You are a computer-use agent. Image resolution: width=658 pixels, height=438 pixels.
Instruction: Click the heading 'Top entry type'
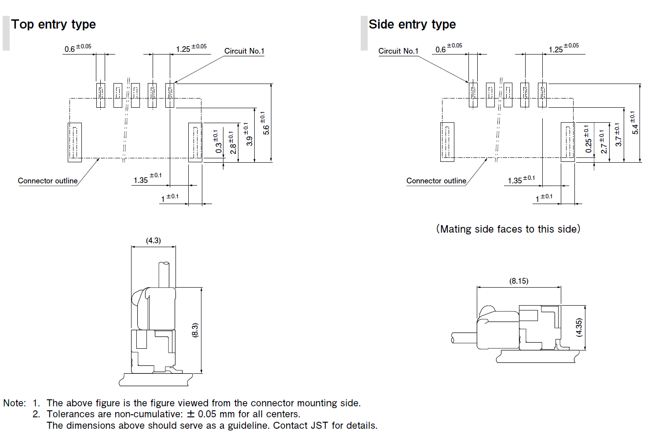[53, 24]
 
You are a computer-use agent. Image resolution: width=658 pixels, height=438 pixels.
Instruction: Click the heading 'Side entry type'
[412, 24]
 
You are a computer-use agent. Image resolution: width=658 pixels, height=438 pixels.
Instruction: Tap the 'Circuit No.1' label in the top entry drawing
[244, 51]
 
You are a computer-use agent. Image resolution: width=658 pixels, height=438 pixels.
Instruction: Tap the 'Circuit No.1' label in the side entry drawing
[398, 51]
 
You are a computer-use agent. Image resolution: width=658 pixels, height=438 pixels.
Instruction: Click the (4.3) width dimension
[154, 241]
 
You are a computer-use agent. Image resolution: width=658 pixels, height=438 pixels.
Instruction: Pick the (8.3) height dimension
[195, 330]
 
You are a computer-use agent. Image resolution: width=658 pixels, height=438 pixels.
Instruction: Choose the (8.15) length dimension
[519, 281]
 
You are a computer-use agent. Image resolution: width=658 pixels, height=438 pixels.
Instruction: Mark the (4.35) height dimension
[579, 328]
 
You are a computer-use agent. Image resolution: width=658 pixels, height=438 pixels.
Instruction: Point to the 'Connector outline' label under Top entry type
[48, 181]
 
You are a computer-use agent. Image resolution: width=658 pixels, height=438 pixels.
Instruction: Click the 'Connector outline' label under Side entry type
[436, 181]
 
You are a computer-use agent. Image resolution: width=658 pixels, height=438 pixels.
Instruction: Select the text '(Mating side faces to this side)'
[508, 229]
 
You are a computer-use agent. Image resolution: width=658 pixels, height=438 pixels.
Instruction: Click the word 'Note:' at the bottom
[15, 403]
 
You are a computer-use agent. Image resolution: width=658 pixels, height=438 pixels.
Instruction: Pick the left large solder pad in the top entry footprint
[75, 142]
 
